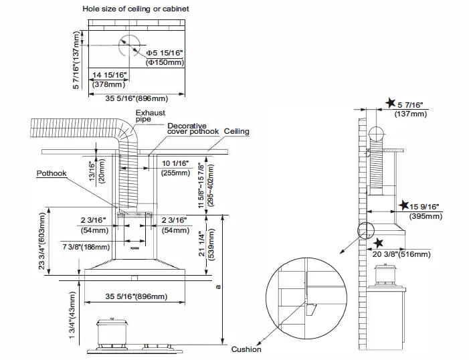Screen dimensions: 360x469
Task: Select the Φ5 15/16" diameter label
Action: (165, 52)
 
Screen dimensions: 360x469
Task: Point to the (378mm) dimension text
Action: (108, 85)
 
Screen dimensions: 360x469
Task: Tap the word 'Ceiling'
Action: (237, 131)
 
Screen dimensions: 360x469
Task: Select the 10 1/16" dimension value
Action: (176, 163)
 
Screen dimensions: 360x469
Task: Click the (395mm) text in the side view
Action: (426, 216)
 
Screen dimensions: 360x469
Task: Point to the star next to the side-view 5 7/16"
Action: (391, 103)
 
